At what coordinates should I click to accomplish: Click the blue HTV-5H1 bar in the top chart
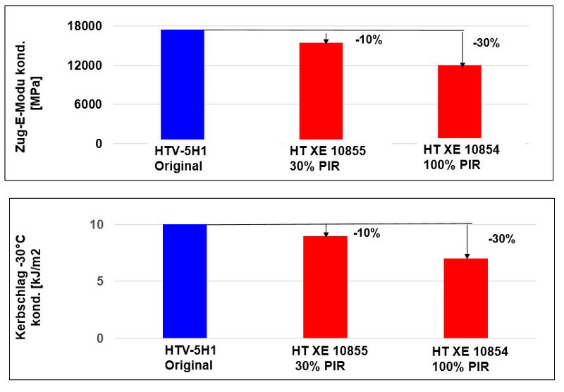(x=183, y=85)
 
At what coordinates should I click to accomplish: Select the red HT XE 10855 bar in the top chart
(x=321, y=91)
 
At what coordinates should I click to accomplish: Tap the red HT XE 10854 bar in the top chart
(x=460, y=102)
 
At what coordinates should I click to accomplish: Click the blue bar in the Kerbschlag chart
(x=185, y=281)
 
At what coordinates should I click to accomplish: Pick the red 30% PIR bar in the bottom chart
(x=325, y=287)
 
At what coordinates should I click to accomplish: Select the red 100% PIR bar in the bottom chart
(x=466, y=298)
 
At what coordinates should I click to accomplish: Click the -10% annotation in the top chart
(x=367, y=40)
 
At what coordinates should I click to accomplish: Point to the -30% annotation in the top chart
(x=486, y=43)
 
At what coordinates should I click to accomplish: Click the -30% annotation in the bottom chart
(x=501, y=239)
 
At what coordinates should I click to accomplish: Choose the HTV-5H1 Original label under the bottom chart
(x=189, y=359)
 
